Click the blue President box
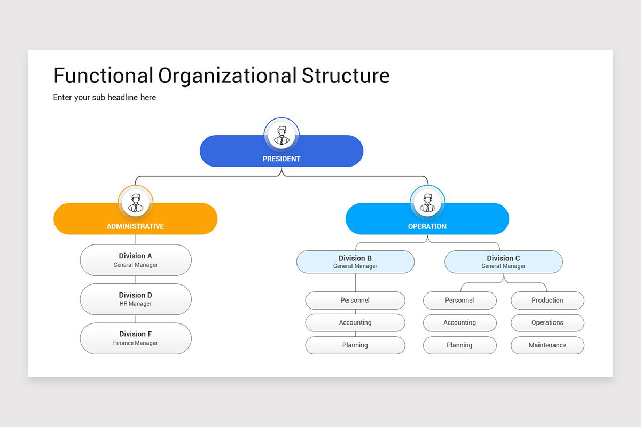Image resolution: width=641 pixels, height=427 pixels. (320, 155)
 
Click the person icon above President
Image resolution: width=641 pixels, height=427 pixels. (282, 135)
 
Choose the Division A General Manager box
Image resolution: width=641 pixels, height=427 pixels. (136, 260)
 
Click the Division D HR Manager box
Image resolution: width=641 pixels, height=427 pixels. (136, 299)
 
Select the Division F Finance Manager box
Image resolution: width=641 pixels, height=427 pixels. (136, 338)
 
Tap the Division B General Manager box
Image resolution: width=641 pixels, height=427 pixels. (355, 262)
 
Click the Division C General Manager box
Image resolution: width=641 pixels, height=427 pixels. (503, 262)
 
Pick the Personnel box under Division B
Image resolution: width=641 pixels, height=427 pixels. (355, 301)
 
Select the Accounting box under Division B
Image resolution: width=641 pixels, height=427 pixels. (355, 323)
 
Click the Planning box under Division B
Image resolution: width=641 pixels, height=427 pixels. (355, 345)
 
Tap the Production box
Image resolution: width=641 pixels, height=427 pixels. (548, 301)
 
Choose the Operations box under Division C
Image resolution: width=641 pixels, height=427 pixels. (548, 323)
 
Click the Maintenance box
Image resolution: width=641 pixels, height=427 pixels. (548, 345)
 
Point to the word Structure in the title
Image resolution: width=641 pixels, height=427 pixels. (346, 75)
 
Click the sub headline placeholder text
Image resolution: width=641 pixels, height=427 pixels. (105, 97)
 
